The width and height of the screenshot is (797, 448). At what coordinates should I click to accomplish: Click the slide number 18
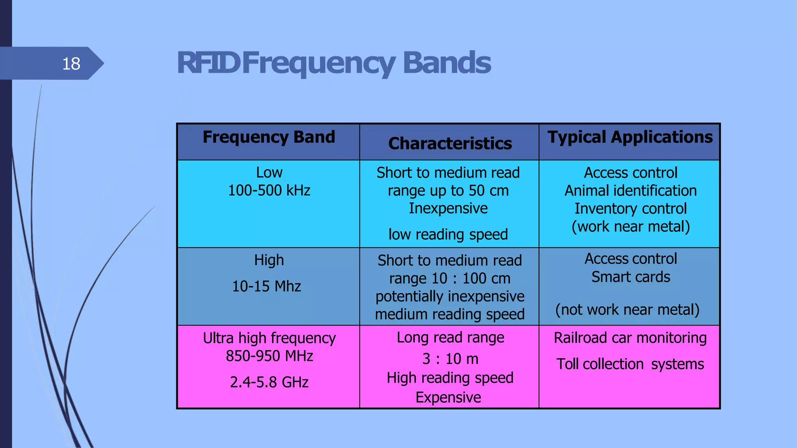tap(71, 63)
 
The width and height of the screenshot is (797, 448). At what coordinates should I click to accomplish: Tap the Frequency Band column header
tap(269, 137)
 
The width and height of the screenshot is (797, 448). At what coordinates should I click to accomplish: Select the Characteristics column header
tap(450, 143)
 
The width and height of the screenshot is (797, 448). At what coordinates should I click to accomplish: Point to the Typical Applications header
tap(630, 137)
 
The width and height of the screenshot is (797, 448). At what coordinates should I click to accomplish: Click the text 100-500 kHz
tap(269, 191)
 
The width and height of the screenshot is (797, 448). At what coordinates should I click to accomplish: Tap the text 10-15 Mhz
tap(267, 286)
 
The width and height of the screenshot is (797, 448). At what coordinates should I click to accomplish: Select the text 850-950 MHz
tap(269, 356)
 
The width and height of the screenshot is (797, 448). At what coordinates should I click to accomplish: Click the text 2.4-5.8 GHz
tap(269, 382)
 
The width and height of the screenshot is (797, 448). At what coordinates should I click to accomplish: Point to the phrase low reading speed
tap(448, 234)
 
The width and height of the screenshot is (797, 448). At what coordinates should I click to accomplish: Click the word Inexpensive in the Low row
tap(448, 208)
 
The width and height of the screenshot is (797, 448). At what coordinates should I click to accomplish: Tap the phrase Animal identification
tap(630, 191)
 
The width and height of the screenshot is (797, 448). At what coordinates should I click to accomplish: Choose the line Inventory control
tap(630, 209)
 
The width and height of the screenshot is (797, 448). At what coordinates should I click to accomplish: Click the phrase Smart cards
tap(630, 277)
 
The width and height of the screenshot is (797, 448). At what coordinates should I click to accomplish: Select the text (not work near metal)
tap(627, 310)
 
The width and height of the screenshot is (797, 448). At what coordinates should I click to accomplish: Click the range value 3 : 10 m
tap(450, 359)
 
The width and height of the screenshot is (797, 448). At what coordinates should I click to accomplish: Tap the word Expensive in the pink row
tap(448, 397)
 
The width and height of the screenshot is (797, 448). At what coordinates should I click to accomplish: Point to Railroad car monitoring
tap(630, 338)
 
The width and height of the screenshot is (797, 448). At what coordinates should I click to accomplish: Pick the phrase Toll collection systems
tap(630, 364)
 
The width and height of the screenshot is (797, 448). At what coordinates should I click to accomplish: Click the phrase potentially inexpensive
tap(450, 296)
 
